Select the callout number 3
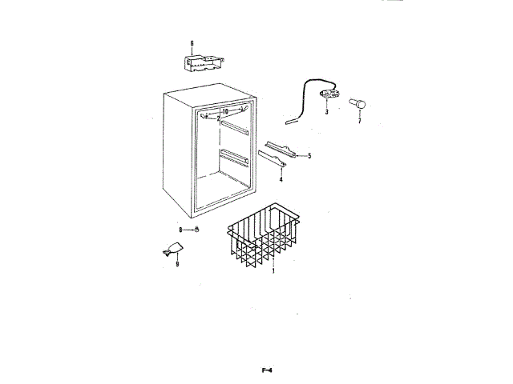point(327,113)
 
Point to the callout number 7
point(359,121)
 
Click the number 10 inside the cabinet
point(226,111)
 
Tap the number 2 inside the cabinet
point(218,118)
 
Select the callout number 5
point(309,155)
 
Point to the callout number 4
point(281,179)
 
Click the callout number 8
point(180,230)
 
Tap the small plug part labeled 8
point(196,230)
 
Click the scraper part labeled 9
point(172,250)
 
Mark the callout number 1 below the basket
point(273,270)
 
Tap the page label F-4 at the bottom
point(267,370)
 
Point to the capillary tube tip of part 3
point(289,122)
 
